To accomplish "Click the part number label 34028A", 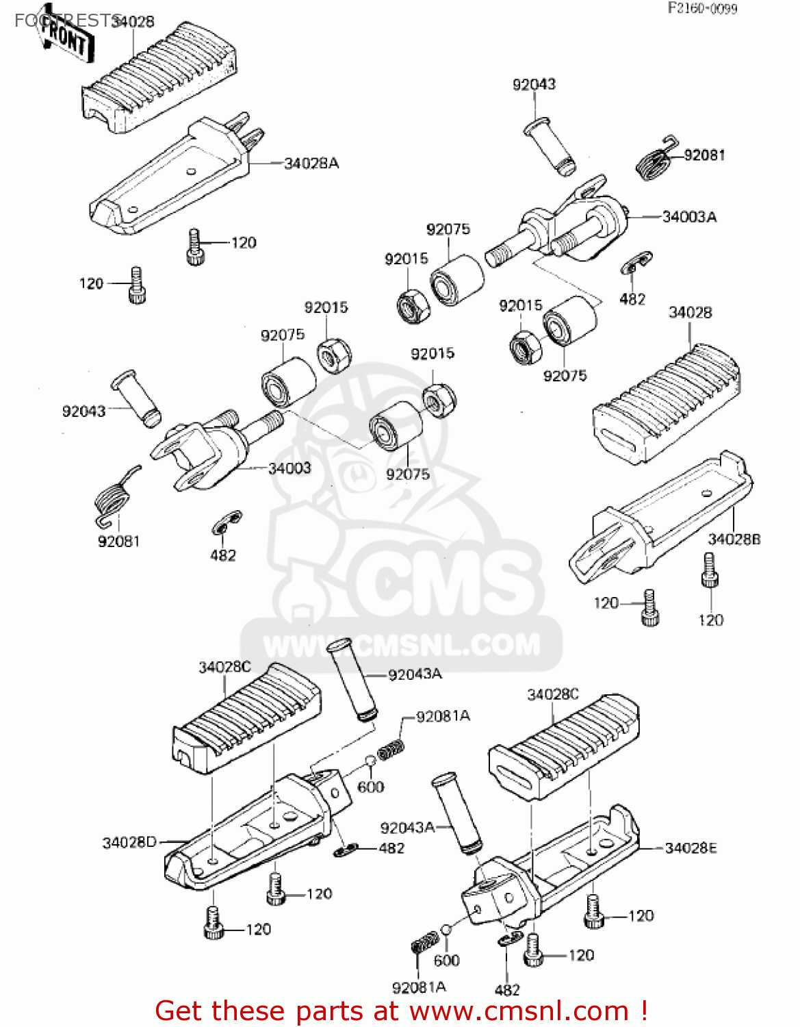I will [x=311, y=164].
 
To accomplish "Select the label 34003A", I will [x=689, y=217].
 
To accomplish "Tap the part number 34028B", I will [x=734, y=540].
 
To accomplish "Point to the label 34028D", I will [x=130, y=843].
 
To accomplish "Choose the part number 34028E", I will [x=691, y=848].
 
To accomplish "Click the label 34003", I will [x=289, y=468].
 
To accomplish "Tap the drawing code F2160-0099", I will [x=703, y=9].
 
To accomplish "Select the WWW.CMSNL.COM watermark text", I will [x=402, y=645].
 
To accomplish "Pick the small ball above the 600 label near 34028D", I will [x=370, y=761].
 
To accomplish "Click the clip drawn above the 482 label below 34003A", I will [x=636, y=264].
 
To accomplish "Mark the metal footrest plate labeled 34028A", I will [x=171, y=181].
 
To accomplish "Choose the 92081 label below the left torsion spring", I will [x=118, y=542].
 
